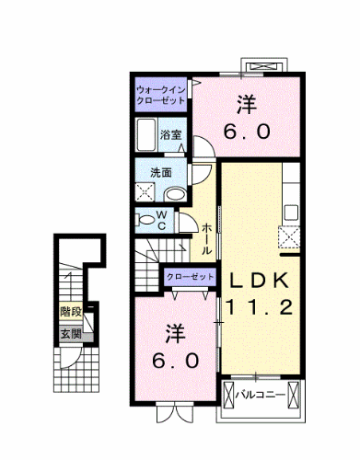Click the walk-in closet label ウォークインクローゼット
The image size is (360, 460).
click(x=162, y=95)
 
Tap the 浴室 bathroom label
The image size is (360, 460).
click(x=170, y=136)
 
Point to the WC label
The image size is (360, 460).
click(x=159, y=220)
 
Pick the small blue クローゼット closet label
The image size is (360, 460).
click(x=188, y=275)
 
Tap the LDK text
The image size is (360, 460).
click(x=260, y=280)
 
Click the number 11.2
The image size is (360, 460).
click(x=260, y=307)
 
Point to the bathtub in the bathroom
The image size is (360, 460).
click(x=146, y=137)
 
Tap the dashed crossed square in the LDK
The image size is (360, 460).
click(x=292, y=239)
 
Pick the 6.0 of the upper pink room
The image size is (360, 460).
click(x=249, y=130)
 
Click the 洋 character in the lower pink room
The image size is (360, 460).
click(x=176, y=330)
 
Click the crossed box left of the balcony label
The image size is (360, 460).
click(x=227, y=396)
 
